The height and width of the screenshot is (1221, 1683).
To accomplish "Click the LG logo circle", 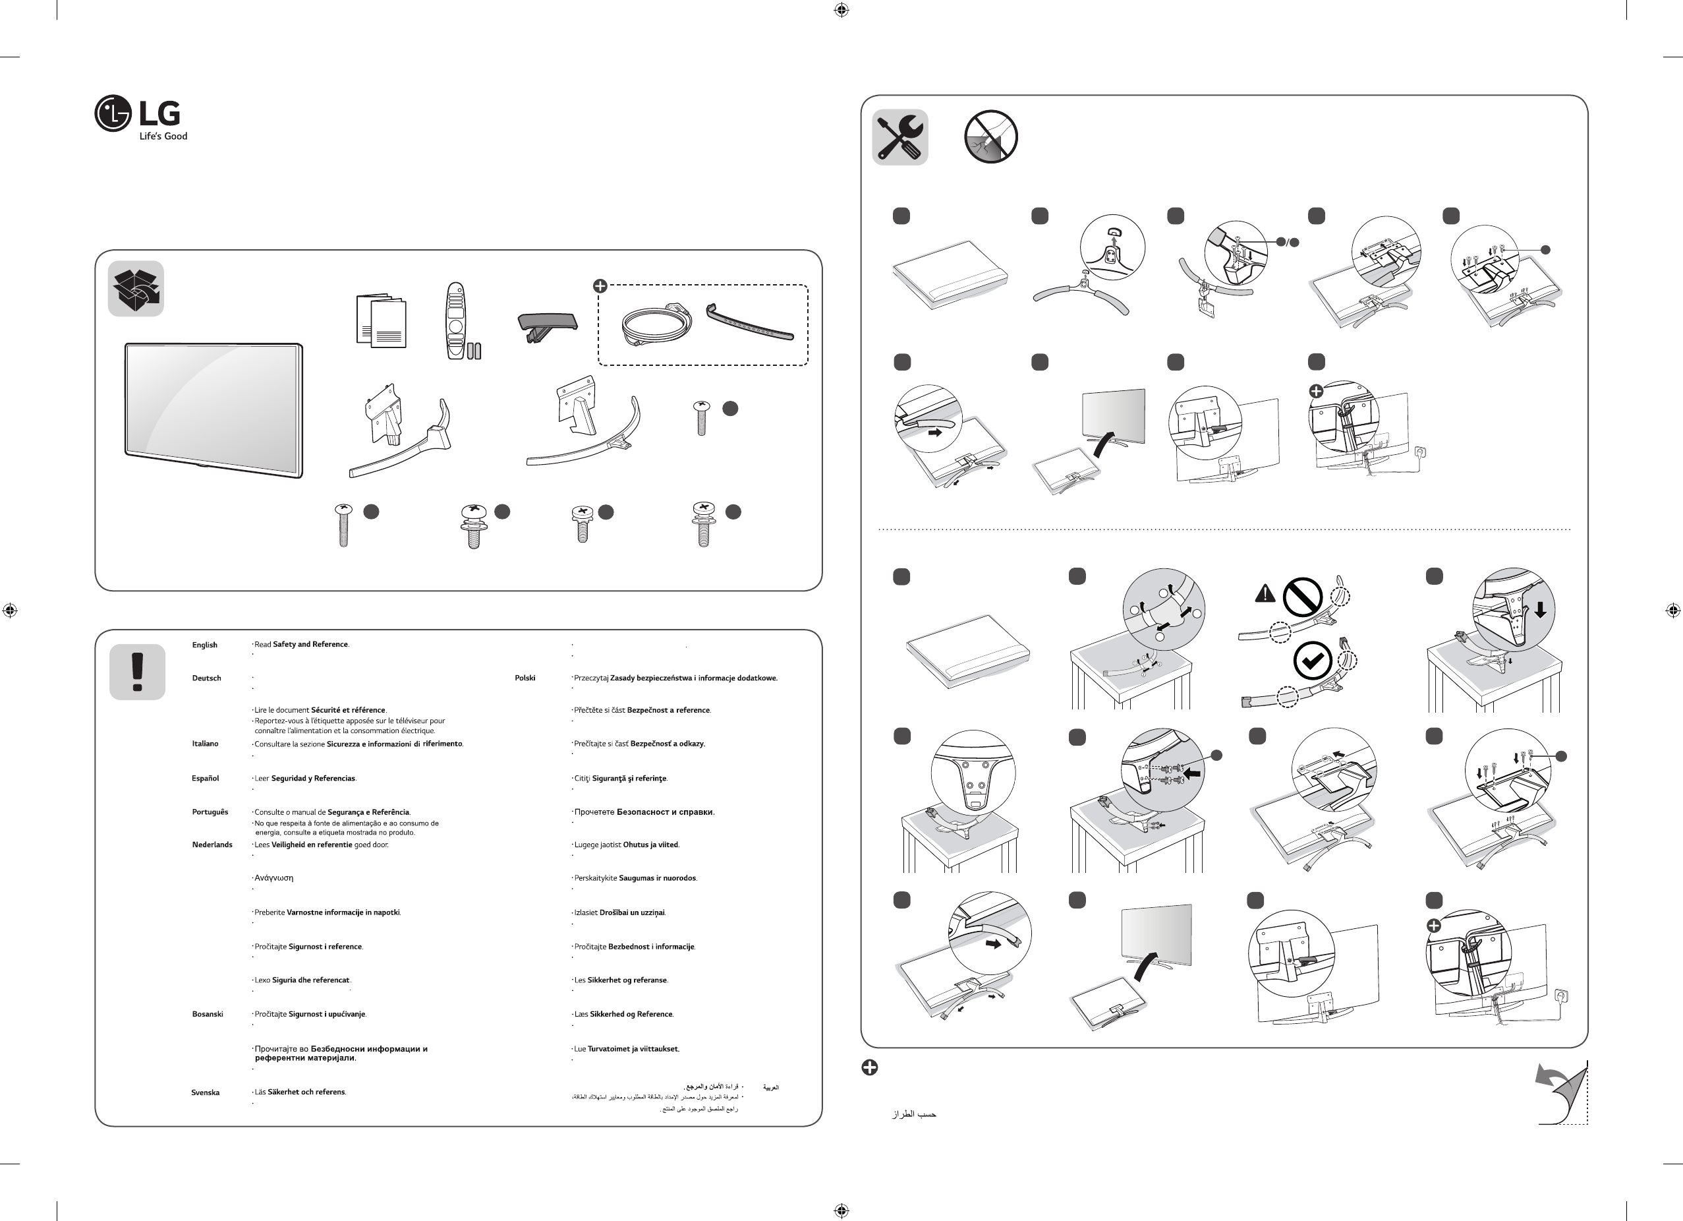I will (113, 113).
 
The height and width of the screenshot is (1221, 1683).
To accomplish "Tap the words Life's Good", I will (163, 136).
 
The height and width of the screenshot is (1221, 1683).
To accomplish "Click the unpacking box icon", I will (136, 289).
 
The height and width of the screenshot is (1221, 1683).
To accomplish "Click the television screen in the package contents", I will (213, 409).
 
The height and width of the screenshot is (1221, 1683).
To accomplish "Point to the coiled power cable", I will (656, 325).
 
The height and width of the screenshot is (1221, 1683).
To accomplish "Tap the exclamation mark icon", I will (137, 672).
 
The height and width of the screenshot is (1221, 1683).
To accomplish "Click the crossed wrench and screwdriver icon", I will (899, 137).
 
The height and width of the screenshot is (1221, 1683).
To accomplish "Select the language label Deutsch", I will (206, 678).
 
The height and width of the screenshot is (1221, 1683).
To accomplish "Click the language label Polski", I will (525, 678).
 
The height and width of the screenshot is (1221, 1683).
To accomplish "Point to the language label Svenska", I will (206, 1092).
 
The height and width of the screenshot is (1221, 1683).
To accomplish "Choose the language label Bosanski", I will (208, 1014).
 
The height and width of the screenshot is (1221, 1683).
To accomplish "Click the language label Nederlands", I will (212, 845).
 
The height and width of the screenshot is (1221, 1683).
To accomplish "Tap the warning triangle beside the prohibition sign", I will (1265, 594).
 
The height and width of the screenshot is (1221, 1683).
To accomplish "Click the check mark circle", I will (1312, 661).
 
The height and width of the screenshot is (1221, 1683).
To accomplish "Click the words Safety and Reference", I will (310, 644).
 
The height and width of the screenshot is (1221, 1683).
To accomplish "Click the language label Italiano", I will (206, 744).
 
